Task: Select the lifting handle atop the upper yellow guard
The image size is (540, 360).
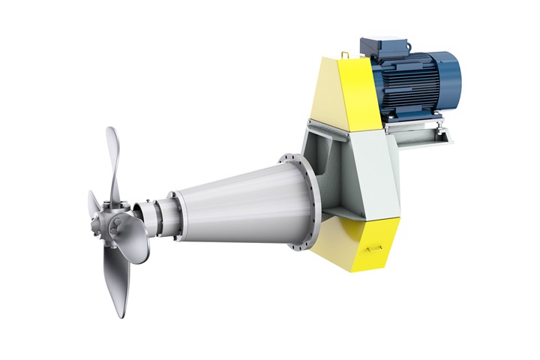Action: point(345,55)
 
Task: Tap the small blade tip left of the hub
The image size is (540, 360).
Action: point(93,202)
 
